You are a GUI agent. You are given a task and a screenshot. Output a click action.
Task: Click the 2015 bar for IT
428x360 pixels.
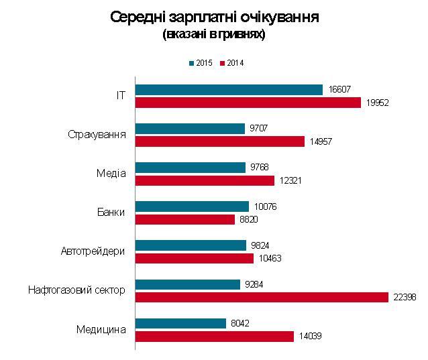click(x=229, y=90)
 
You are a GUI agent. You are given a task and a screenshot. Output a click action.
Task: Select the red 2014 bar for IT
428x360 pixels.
click(x=248, y=103)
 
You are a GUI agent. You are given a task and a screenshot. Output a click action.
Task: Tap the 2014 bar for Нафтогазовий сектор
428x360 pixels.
click(x=262, y=297)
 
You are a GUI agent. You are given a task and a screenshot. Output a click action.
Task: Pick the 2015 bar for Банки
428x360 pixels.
click(x=192, y=206)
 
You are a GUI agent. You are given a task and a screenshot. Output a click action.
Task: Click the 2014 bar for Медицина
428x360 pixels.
click(x=215, y=337)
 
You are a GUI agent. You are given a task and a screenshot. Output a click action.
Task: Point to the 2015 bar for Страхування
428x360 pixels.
click(x=190, y=129)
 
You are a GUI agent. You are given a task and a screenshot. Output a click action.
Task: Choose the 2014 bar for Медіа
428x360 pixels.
click(x=205, y=180)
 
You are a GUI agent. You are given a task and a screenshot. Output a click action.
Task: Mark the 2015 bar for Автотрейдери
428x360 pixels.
click(x=191, y=245)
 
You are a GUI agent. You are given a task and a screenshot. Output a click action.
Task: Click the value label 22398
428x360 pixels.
click(x=405, y=298)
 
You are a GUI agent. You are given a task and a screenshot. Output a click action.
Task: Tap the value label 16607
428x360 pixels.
click(x=340, y=90)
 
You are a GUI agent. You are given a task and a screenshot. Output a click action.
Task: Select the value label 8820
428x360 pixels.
click(x=264, y=219)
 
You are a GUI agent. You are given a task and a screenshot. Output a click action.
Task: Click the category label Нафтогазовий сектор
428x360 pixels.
click(x=76, y=290)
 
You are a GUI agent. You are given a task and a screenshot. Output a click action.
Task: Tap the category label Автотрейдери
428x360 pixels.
click(x=93, y=251)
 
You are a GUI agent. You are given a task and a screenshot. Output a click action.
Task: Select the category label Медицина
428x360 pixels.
click(x=101, y=329)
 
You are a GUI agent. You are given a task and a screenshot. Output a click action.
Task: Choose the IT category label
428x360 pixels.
click(x=121, y=96)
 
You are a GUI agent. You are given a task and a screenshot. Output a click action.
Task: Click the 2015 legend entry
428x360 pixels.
click(x=201, y=63)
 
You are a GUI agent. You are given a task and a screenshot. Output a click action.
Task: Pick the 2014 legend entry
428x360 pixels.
click(x=231, y=63)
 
